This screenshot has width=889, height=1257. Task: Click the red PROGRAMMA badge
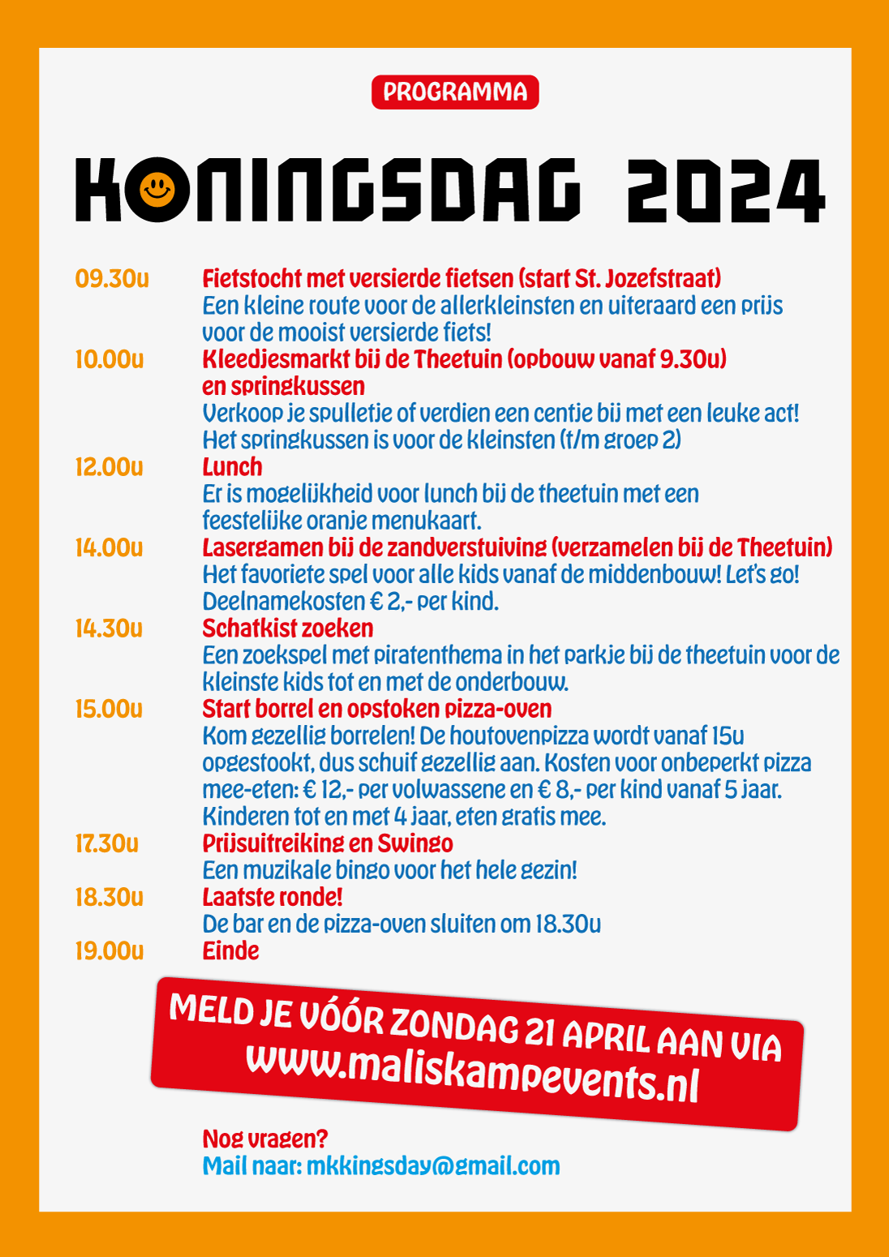click(x=455, y=92)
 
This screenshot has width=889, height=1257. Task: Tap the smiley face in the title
click(x=157, y=190)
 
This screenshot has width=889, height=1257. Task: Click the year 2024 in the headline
click(x=726, y=191)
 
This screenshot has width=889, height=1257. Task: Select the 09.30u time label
click(x=112, y=279)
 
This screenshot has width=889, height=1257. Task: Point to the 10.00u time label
click(x=110, y=359)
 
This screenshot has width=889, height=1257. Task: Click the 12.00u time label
click(x=110, y=467)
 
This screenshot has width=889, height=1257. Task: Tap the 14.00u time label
click(x=110, y=547)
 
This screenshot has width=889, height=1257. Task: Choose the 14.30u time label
click(x=110, y=628)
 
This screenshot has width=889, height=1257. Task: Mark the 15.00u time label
click(x=110, y=709)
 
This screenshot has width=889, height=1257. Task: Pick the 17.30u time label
click(x=107, y=843)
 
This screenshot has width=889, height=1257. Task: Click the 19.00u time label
click(x=110, y=950)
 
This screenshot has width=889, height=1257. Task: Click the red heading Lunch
click(x=232, y=467)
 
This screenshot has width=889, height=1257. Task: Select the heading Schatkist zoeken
click(x=288, y=628)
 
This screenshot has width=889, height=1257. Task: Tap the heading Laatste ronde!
click(x=273, y=898)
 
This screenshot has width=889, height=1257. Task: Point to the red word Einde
click(x=231, y=950)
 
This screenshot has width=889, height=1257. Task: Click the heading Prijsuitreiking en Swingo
click(x=328, y=843)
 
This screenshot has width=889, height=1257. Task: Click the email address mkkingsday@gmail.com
click(x=433, y=1166)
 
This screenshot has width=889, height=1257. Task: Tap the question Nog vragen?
click(x=265, y=1139)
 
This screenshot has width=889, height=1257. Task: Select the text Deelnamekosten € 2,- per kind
click(x=350, y=602)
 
